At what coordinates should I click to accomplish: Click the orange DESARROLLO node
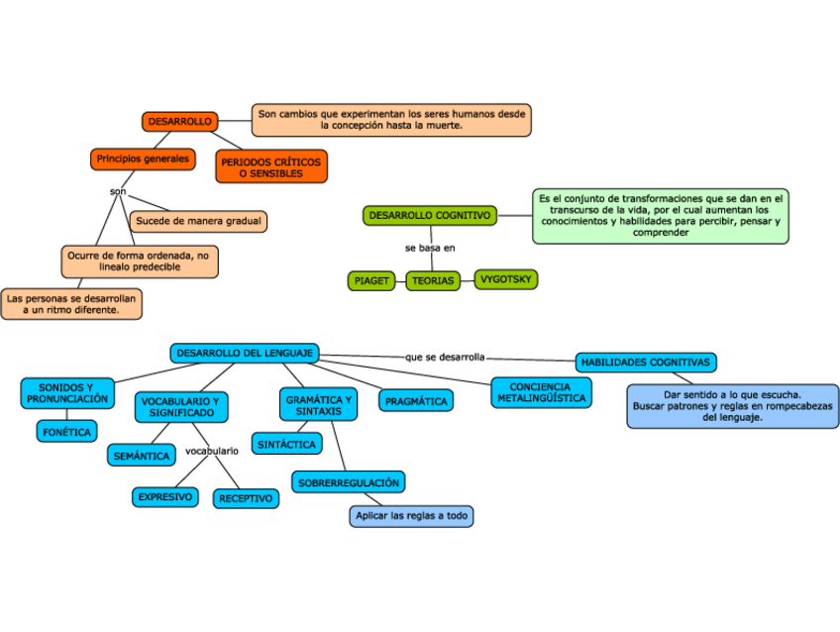pos(179,121)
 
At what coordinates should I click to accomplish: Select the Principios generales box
pos(143,158)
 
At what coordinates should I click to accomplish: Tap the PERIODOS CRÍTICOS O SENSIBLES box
pos(270,166)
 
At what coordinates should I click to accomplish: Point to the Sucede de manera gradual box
pos(198,221)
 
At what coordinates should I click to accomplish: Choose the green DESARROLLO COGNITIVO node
pos(430,215)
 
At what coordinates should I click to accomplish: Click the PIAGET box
pos(371,280)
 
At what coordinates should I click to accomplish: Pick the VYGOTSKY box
pos(505,279)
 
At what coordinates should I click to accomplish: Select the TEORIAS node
pos(433,280)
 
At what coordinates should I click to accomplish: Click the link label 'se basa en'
pos(430,248)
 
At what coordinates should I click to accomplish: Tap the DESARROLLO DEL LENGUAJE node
pos(245,353)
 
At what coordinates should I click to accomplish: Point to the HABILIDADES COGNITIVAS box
pos(646,363)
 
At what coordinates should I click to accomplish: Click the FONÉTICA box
pos(66,431)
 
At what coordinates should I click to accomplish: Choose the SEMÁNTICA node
pos(142,456)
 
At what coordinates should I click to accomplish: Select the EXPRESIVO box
pos(165,496)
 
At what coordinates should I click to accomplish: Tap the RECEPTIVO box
pos(246,498)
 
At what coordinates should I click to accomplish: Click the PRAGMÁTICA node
pos(416,401)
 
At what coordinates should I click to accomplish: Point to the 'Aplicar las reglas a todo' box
pos(412,516)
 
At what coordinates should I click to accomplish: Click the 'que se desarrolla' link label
pos(445,357)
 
